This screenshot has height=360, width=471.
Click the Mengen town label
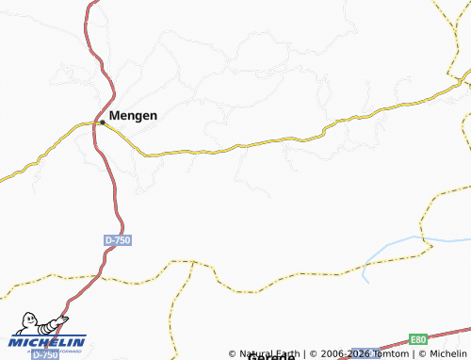coord(134,115)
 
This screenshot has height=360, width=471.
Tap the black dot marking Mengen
coord(103,121)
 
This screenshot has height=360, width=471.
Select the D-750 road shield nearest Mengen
coord(118,241)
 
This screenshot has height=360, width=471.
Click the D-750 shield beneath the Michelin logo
coord(45,354)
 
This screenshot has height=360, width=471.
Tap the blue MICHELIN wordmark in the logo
coord(47,341)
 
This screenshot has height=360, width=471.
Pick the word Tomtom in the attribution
coord(389,353)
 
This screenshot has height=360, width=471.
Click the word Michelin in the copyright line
coord(447,353)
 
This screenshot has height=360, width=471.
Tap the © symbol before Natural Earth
coord(232,353)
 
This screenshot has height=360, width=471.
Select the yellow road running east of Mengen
coord(283,140)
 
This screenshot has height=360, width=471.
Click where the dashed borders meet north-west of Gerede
coord(192,262)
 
